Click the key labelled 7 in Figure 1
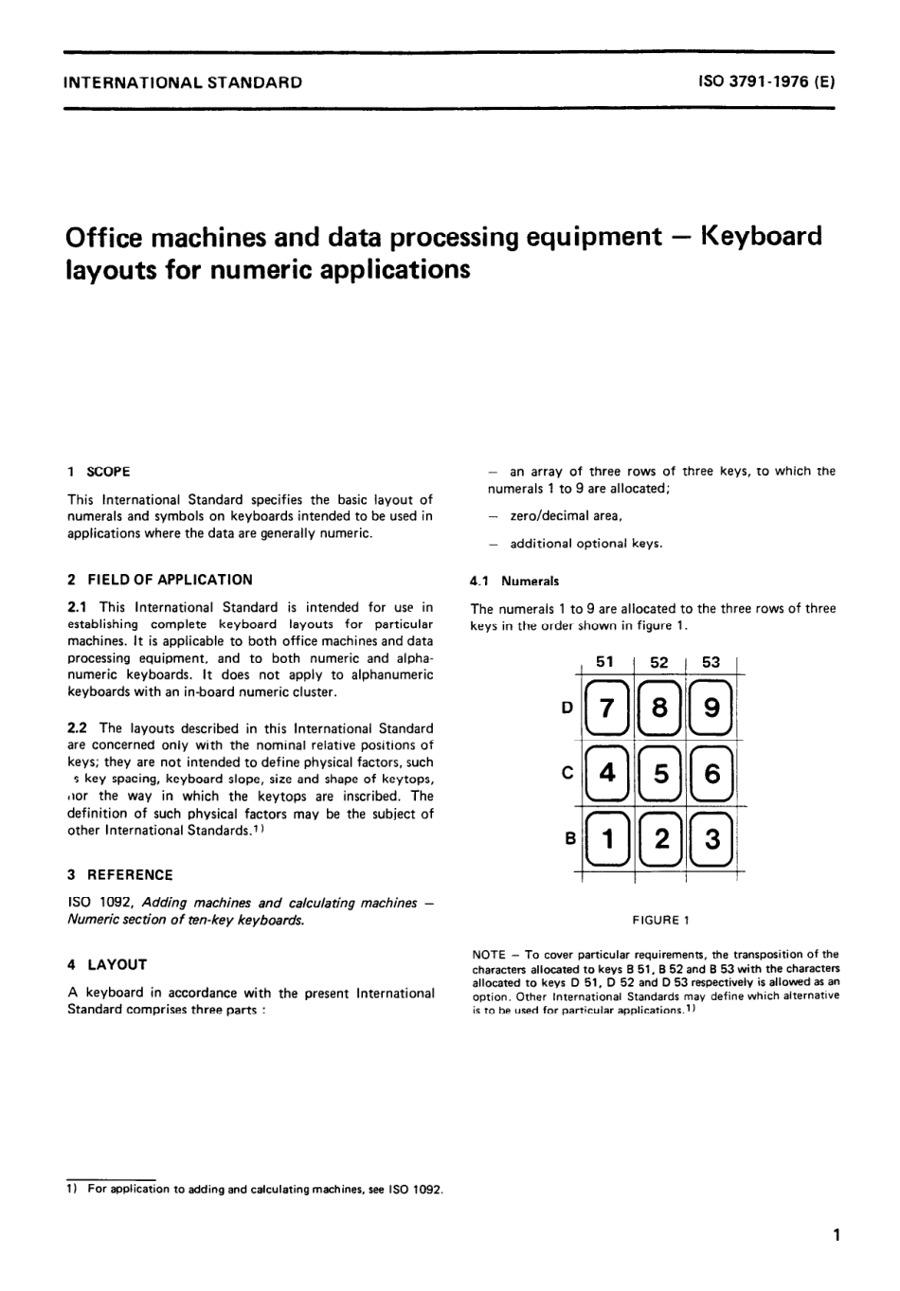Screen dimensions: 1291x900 pos(607,708)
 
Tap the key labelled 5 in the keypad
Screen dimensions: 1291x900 pos(659,774)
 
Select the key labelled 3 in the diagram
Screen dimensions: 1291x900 pos(712,839)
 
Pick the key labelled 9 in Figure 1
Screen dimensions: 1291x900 pos(712,708)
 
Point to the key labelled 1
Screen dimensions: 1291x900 pos(607,839)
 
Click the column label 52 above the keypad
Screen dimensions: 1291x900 pos(659,663)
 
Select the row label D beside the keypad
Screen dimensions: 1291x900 pos(567,707)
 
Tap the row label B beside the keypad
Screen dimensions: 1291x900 pos(569,837)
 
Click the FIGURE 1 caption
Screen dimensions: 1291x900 pos(661,920)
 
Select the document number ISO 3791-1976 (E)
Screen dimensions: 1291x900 pos(766,82)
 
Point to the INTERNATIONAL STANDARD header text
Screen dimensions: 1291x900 pos(183,82)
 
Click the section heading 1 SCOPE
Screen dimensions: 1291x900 pos(99,472)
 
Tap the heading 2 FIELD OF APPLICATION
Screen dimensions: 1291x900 pos(160,580)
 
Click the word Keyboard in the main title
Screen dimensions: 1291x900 pos(761,236)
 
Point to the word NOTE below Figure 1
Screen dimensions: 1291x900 pos(488,955)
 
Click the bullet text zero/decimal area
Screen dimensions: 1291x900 pos(566,516)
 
